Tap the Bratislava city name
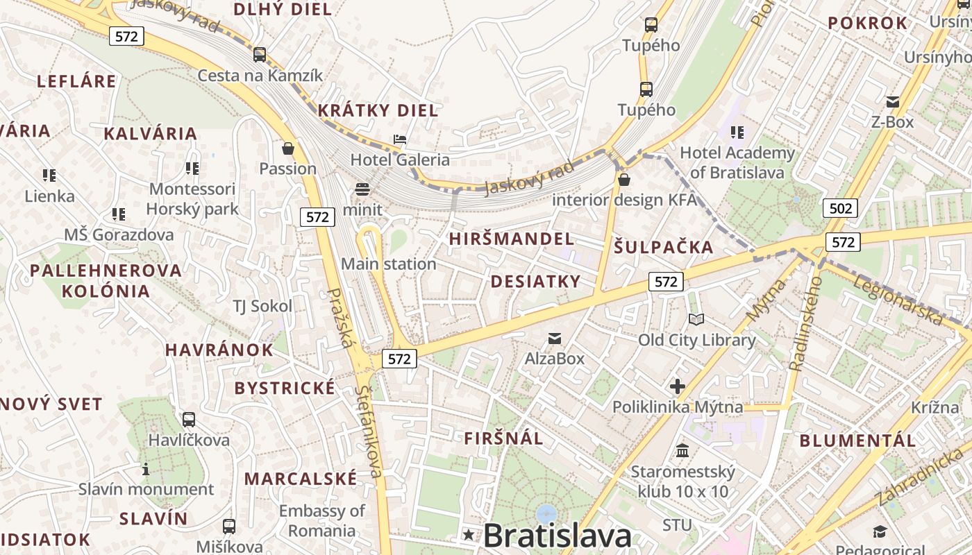pos(557,536)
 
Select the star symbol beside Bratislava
pos(469,535)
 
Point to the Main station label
pos(388,264)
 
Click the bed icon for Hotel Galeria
pos(400,139)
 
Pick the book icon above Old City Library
pos(696,320)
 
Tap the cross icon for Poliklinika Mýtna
pos(678,386)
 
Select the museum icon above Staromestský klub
pos(682,451)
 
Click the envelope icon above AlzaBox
pos(555,339)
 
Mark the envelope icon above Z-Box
pos(892,102)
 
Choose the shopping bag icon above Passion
pos(288,148)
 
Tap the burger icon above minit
pos(362,189)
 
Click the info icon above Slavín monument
pos(146,469)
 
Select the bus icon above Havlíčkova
pos(188,420)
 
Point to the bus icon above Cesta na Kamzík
pos(260,54)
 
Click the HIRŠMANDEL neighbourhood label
pos(511,239)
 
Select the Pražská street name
pos(341,318)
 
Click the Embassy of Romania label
pos(321,521)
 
